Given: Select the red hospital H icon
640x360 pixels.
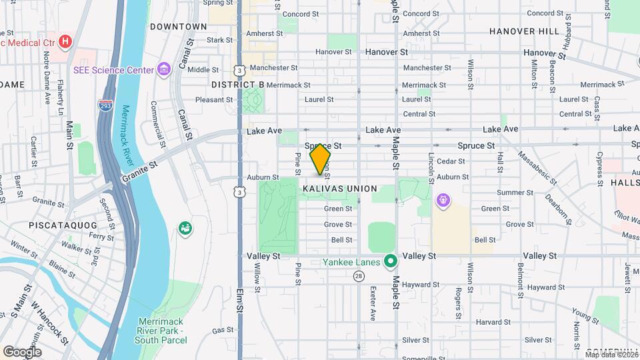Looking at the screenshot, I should pos(65,42).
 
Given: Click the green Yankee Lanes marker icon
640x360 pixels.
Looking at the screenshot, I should pos(390,261).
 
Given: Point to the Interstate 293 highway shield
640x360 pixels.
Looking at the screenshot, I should pos(105,106).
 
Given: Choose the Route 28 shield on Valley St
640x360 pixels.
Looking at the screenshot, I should pos(359,275).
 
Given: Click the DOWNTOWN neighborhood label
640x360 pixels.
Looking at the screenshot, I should pos(178,27).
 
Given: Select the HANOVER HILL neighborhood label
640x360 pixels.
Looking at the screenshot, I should pos(524,31).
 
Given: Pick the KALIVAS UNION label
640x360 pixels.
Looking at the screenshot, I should pos(339,189).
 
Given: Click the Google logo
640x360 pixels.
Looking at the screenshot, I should pos(21,351).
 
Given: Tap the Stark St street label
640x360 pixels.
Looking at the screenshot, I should pos(219,40).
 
